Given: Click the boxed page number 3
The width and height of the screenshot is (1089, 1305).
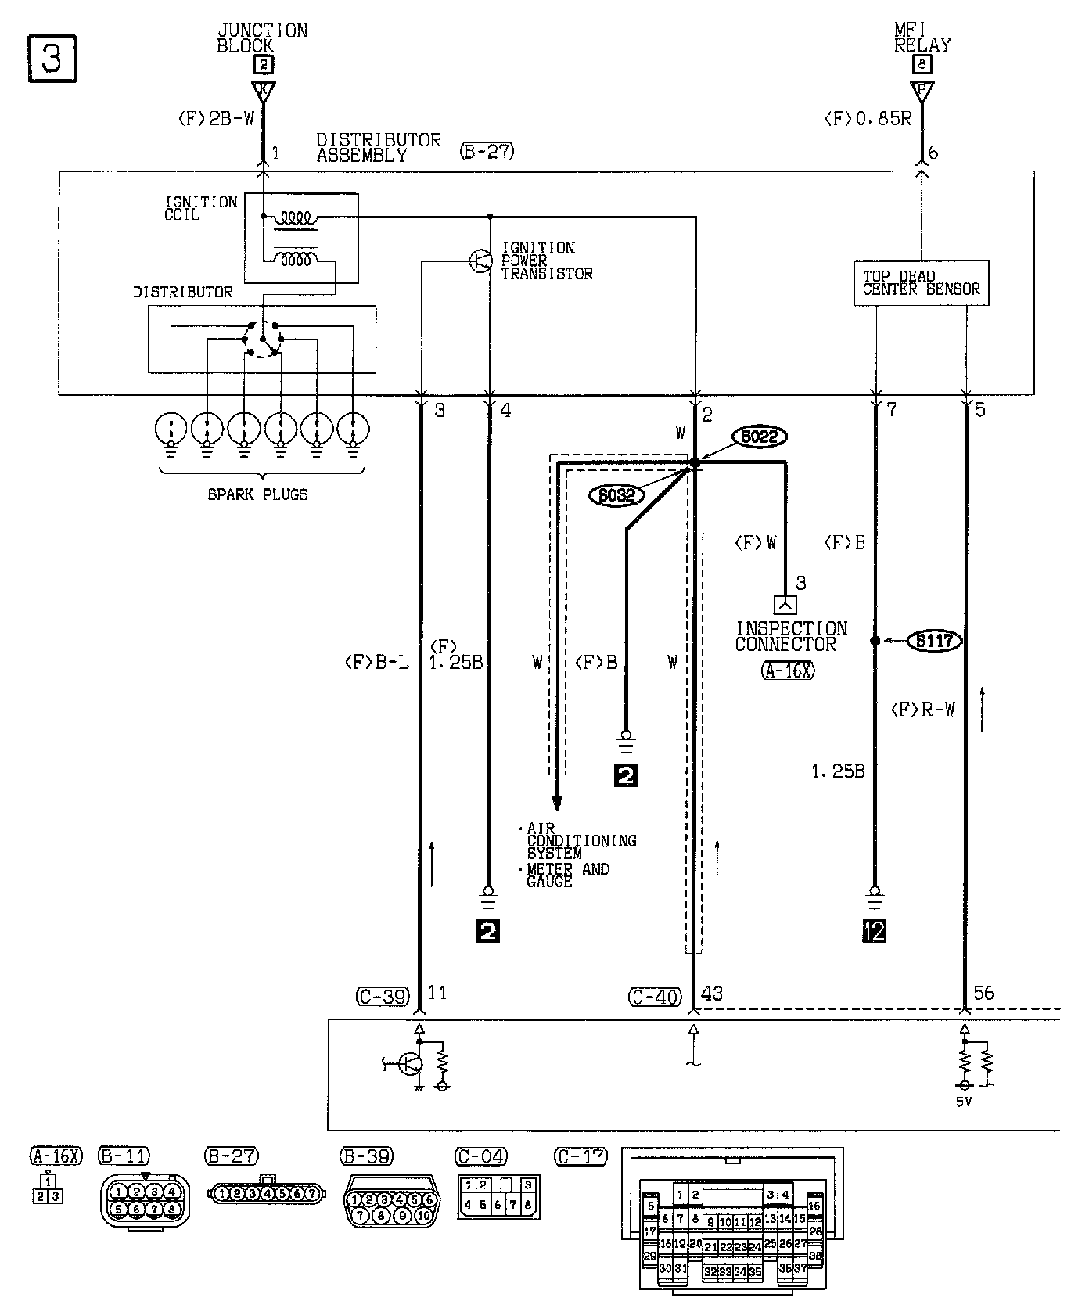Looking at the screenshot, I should [x=52, y=58].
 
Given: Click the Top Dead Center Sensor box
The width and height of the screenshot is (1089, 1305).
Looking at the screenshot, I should [x=921, y=283].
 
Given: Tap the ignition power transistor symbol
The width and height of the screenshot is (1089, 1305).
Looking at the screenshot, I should [x=480, y=261].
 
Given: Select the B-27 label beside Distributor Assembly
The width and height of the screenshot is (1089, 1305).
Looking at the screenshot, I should [x=487, y=151].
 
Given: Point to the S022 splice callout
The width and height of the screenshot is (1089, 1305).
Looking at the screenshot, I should [x=759, y=436].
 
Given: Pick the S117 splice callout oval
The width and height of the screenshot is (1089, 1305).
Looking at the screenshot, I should [x=935, y=641].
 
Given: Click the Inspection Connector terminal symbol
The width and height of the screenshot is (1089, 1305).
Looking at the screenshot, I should [x=785, y=605].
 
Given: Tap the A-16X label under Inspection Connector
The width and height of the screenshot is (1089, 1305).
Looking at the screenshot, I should [x=787, y=670].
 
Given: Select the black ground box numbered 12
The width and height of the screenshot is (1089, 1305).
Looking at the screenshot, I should [x=874, y=931].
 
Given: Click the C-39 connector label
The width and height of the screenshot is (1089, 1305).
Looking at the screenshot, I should [x=383, y=997].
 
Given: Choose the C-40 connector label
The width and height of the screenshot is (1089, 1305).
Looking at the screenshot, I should [x=655, y=997].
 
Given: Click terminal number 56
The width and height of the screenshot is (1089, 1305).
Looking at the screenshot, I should [x=983, y=993].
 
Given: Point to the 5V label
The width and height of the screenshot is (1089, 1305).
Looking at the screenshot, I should [x=964, y=1102].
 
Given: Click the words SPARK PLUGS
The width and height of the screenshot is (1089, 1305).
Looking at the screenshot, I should [x=257, y=494].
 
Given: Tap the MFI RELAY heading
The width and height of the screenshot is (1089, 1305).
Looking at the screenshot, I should [x=922, y=38].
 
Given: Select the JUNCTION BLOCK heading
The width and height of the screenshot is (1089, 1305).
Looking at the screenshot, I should [x=262, y=38].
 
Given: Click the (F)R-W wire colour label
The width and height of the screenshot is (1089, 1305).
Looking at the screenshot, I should [x=923, y=710].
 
